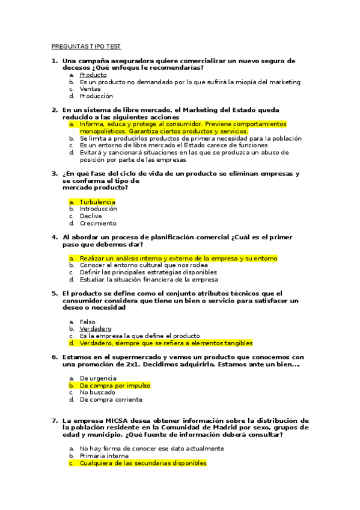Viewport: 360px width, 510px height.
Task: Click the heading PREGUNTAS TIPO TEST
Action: [86, 46]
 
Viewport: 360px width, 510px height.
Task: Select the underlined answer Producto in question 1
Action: [93, 75]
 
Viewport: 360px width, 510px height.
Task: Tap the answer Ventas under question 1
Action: [90, 89]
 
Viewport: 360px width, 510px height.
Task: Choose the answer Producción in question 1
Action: [96, 96]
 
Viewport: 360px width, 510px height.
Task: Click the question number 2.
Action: [54, 110]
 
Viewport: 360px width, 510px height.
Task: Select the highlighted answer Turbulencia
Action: [97, 202]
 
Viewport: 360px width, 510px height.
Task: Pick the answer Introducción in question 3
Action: [99, 209]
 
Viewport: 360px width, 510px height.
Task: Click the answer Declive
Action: [91, 216]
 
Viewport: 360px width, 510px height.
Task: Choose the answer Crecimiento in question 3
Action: [98, 223]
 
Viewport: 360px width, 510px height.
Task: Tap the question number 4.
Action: [54, 237]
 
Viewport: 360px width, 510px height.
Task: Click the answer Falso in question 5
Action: [88, 322]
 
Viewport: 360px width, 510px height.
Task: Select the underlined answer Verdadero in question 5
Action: [96, 329]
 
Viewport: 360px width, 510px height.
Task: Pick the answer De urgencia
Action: [99, 378]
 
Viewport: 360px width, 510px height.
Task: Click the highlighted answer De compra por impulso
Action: [115, 386]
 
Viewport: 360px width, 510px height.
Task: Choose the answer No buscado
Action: [97, 392]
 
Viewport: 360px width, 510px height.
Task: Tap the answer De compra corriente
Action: [111, 399]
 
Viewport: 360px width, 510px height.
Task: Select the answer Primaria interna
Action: [105, 456]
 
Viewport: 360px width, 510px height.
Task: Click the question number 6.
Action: [54, 357]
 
